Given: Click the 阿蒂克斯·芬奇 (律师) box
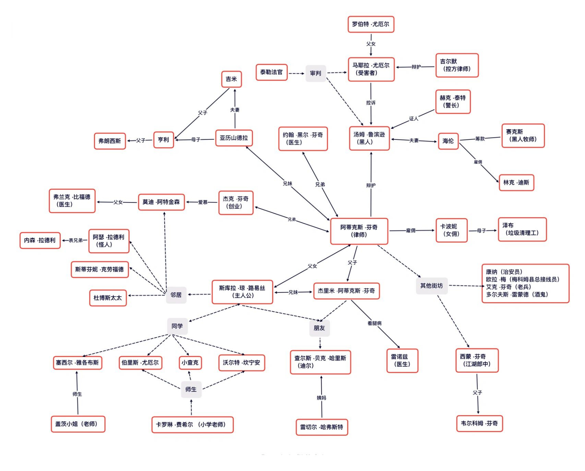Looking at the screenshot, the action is pyautogui.click(x=359, y=231).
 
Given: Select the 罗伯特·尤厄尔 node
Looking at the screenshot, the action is pyautogui.click(x=371, y=24).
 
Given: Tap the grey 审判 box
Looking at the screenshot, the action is pyautogui.click(x=316, y=73).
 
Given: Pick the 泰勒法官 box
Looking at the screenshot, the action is pyautogui.click(x=272, y=72).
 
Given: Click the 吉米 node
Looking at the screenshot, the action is pyautogui.click(x=231, y=79).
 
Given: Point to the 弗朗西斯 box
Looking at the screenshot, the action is pyautogui.click(x=110, y=141).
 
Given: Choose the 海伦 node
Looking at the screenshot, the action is pyautogui.click(x=448, y=141).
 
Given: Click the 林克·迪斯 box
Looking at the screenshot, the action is pyautogui.click(x=516, y=183).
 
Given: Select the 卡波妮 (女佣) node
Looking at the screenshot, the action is pyautogui.click(x=452, y=230).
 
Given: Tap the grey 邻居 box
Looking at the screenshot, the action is pyautogui.click(x=176, y=295).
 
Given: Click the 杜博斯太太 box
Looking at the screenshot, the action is pyautogui.click(x=108, y=298).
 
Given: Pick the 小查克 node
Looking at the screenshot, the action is pyautogui.click(x=190, y=362).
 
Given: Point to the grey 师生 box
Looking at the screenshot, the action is pyautogui.click(x=191, y=390).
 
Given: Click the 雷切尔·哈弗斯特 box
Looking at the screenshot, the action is pyautogui.click(x=322, y=427).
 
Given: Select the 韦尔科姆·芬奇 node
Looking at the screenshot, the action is pyautogui.click(x=480, y=424).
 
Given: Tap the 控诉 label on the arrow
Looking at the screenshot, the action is pyautogui.click(x=371, y=103).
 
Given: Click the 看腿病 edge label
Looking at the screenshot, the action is pyautogui.click(x=375, y=323).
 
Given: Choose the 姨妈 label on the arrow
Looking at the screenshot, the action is pyautogui.click(x=321, y=398).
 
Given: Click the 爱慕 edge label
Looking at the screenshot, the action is pyautogui.click(x=203, y=202).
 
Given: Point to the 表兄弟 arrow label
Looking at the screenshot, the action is pyautogui.click(x=76, y=240).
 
